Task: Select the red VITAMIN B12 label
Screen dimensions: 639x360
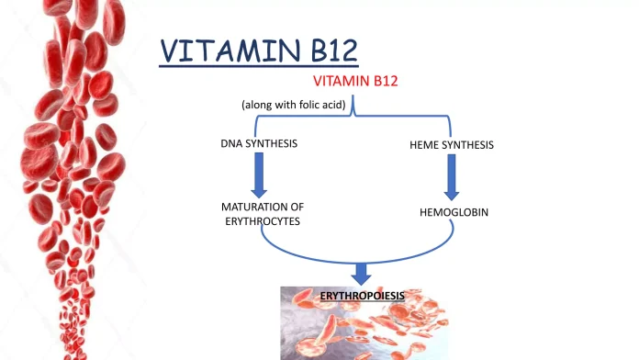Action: pyautogui.click(x=355, y=82)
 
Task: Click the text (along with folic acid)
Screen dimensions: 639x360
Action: pyautogui.click(x=293, y=106)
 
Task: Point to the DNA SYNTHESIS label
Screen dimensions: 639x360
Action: pyautogui.click(x=259, y=145)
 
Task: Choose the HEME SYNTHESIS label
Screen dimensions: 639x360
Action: pyautogui.click(x=449, y=145)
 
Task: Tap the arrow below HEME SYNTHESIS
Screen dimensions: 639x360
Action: pyautogui.click(x=451, y=176)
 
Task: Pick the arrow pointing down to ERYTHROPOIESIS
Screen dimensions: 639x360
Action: pyautogui.click(x=361, y=272)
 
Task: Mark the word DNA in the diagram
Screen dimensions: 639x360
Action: pyautogui.click(x=231, y=145)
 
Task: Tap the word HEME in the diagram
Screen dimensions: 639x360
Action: pyautogui.click(x=423, y=145)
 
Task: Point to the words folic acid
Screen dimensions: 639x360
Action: pyautogui.click(x=320, y=106)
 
